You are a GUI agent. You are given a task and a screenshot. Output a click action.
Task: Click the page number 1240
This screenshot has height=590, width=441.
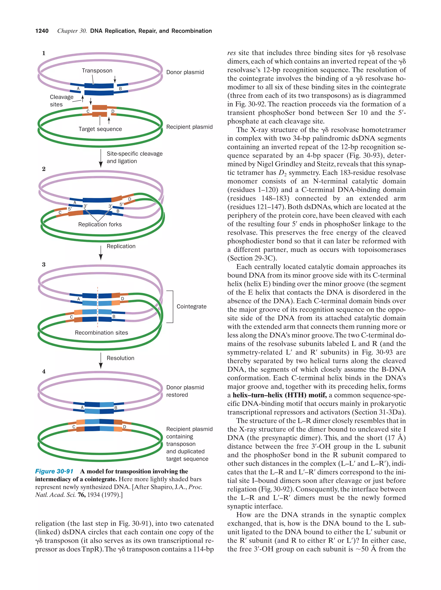[42, 31]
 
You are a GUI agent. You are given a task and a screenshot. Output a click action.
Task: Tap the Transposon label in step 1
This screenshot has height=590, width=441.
[97, 71]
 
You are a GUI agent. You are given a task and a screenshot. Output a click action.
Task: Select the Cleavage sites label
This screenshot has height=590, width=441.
[62, 101]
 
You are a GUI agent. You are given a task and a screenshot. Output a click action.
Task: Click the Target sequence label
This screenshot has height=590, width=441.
[100, 129]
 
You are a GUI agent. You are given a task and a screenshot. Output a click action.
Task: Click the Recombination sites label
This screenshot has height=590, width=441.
[101, 333]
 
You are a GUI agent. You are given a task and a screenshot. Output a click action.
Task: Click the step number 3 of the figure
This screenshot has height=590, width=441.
[44, 264]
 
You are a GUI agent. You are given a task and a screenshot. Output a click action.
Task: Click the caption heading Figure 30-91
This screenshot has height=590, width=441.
[54, 472]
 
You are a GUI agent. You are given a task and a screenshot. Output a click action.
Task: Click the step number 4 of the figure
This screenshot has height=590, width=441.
[44, 371]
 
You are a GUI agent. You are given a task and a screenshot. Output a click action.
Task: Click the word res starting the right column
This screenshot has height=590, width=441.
[231, 53]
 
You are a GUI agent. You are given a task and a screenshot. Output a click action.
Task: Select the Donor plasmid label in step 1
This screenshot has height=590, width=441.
[185, 72]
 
